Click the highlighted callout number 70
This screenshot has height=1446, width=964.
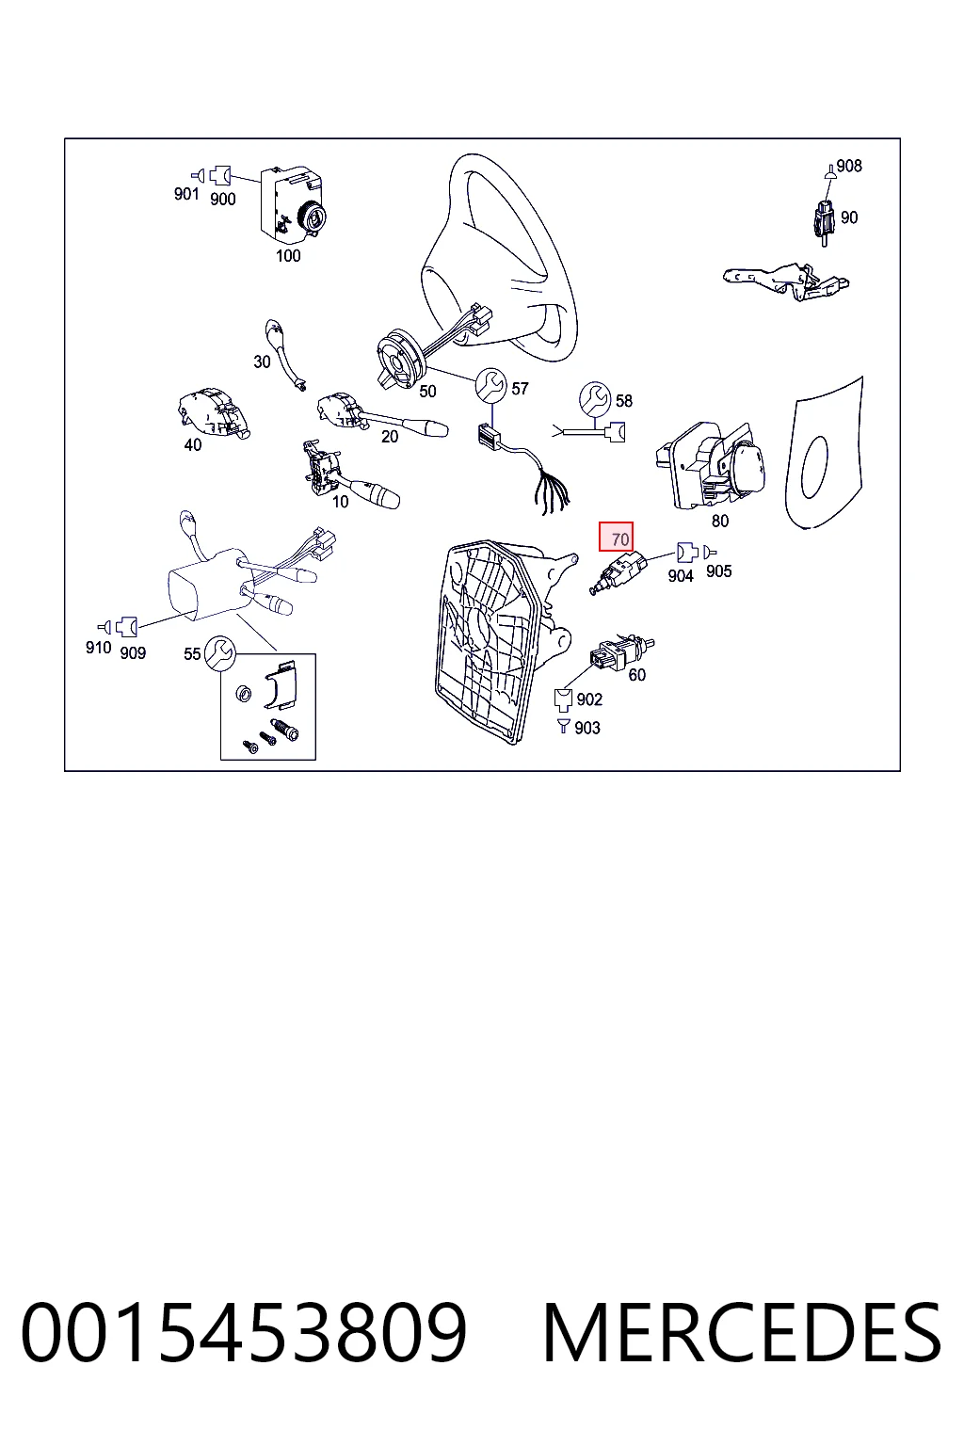point(619,539)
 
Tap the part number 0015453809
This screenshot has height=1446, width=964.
point(244,1333)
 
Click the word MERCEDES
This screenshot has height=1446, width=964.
point(742,1333)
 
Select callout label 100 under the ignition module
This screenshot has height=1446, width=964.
point(288,256)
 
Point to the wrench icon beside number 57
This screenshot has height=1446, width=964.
point(490,385)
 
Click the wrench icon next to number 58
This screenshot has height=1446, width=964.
point(595,397)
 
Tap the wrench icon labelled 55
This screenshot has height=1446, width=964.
point(219,652)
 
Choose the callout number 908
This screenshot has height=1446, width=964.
point(849,166)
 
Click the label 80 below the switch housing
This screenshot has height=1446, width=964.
point(720,521)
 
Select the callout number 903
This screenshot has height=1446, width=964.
point(587,728)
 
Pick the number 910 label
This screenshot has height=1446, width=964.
point(99,648)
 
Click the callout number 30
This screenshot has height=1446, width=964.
point(262,362)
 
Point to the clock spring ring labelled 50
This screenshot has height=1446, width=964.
point(400,357)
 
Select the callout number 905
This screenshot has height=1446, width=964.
point(718,571)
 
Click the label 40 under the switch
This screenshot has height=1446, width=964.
point(193,444)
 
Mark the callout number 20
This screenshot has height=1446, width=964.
point(390,437)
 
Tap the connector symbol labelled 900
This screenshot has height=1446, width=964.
point(220,174)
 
